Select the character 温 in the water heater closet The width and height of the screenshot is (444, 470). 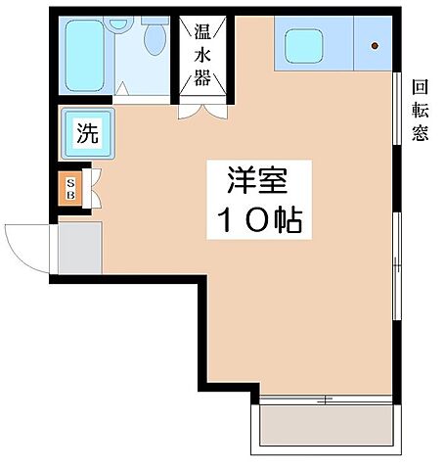tap(202, 31)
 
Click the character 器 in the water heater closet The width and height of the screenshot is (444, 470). tap(202, 79)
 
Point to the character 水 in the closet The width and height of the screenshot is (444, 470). tap(202, 56)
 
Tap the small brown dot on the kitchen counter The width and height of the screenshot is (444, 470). tap(376, 45)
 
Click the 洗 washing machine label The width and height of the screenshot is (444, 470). tap(88, 134)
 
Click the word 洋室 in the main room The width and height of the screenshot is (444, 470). tap(256, 180)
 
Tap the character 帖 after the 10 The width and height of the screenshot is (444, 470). tap(287, 221)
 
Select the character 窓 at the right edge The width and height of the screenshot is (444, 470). tap(420, 132)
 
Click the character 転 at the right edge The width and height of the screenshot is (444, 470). tap(420, 109)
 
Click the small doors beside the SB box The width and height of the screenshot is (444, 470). tap(94, 187)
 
